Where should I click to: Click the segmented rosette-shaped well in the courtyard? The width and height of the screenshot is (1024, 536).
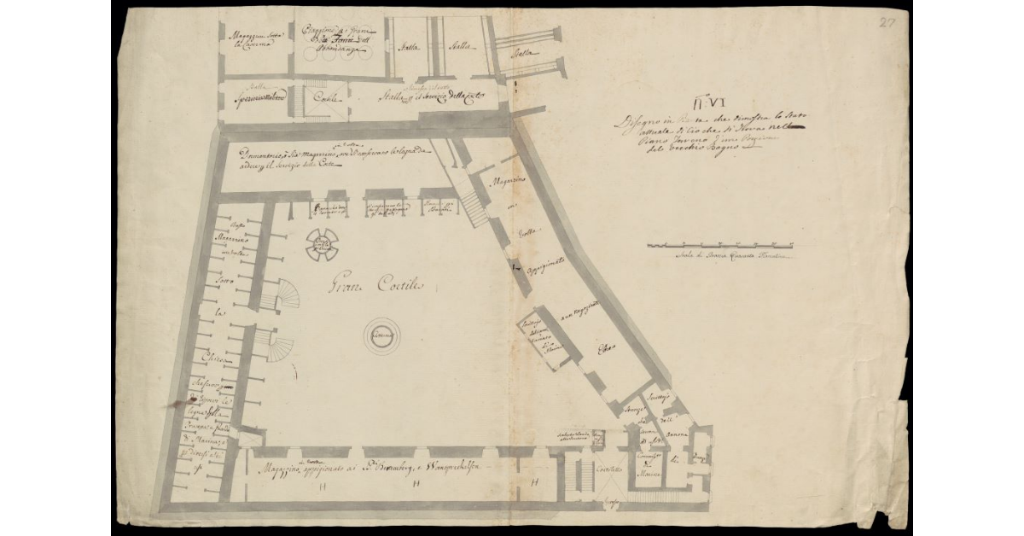(x=322, y=246)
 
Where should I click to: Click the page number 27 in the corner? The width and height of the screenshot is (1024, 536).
(x=887, y=22)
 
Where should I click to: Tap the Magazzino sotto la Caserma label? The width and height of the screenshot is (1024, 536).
(x=249, y=39)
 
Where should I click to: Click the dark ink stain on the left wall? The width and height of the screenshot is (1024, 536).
(x=180, y=399)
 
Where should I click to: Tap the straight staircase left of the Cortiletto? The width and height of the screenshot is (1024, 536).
(x=585, y=475)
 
